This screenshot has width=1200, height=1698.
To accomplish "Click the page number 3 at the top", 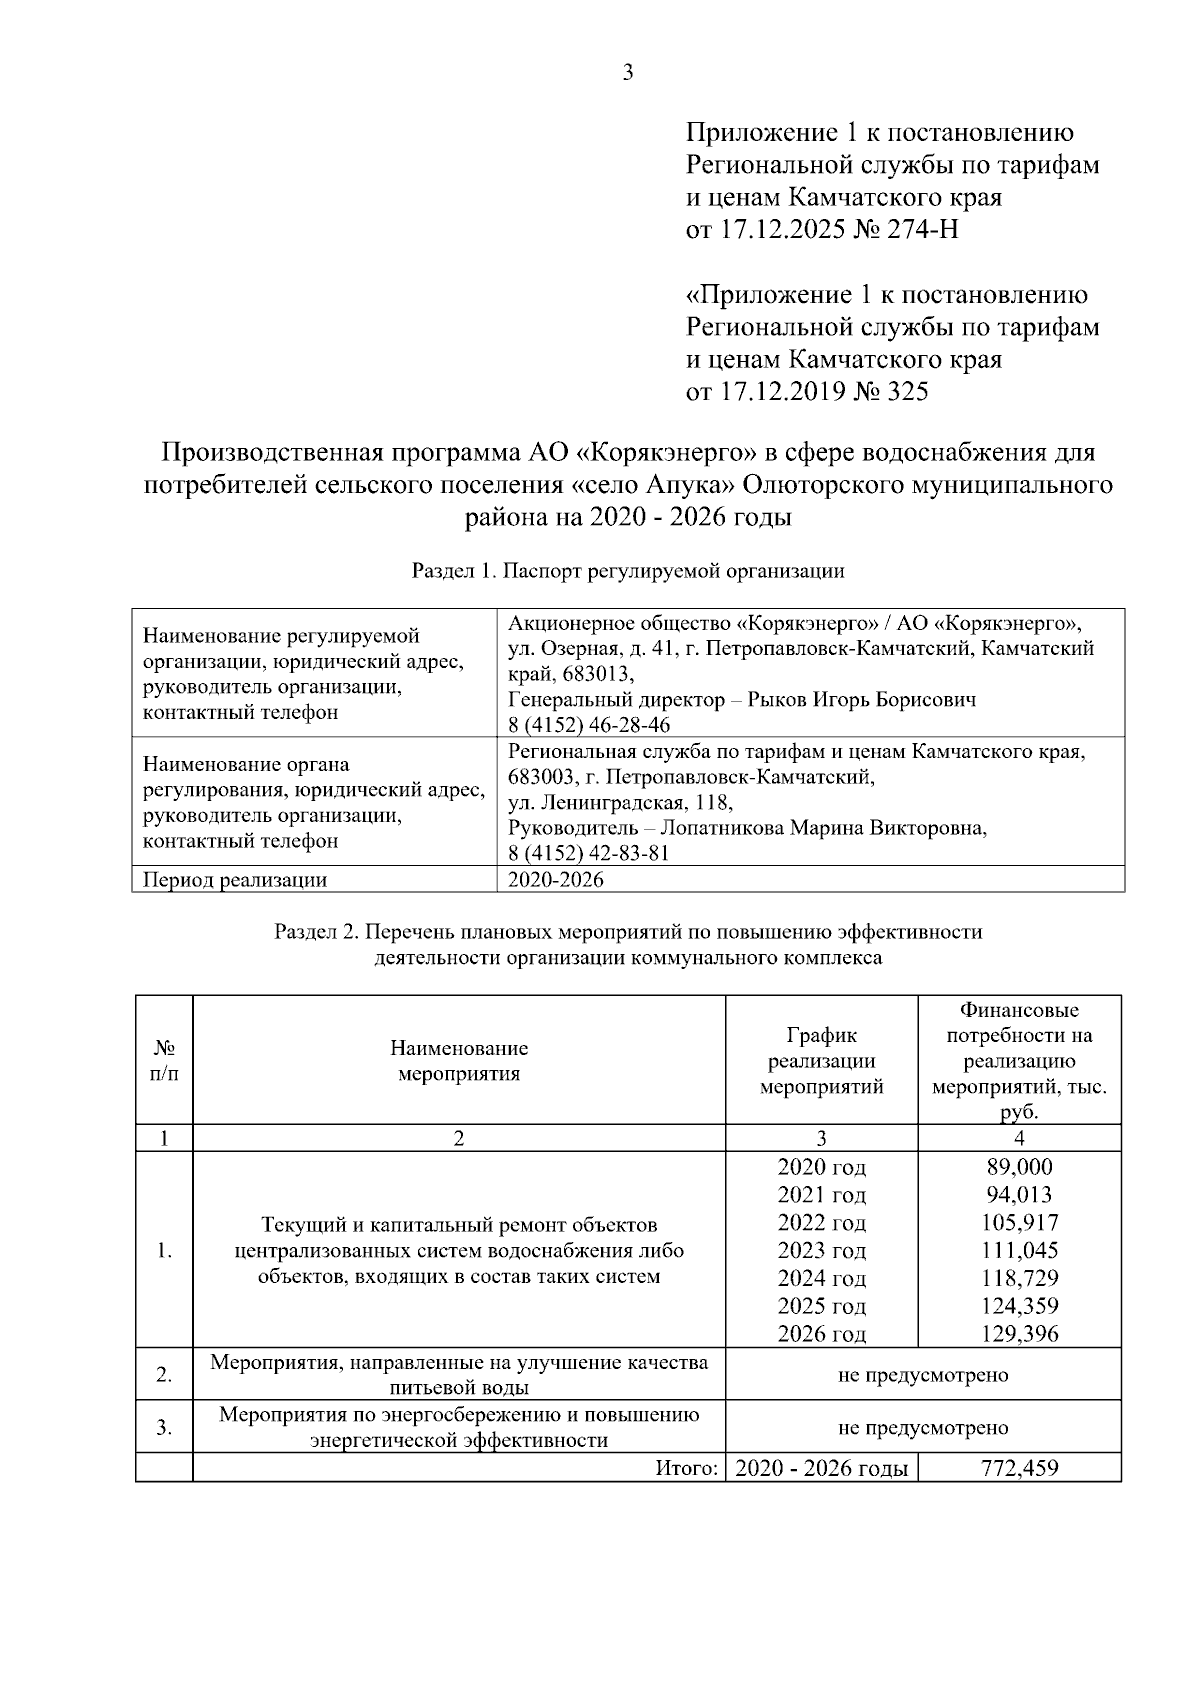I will coord(628,72).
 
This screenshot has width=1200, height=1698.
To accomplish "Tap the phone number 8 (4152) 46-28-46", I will coord(589,725).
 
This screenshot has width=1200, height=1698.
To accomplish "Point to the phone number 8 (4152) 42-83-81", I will coord(589,853).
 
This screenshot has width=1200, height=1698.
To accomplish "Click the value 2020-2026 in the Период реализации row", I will coord(556,880).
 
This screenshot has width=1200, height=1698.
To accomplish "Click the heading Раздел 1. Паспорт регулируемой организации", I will coord(628,571).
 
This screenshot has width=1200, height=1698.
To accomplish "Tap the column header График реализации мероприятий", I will coord(821,1061).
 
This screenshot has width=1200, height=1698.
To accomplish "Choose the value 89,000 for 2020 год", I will coord(1019,1167).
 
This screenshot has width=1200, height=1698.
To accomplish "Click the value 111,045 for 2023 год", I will coord(1019,1250).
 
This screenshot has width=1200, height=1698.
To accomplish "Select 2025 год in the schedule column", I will coord(821,1306).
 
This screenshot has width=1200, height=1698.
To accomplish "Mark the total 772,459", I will coord(1019,1468).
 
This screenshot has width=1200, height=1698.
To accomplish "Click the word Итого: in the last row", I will coord(687,1468).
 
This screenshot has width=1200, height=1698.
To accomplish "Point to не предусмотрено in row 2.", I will coord(922,1375).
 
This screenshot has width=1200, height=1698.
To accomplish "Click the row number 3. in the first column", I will coord(164,1427).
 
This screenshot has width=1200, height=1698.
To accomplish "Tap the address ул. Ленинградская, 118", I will coord(620,803).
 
